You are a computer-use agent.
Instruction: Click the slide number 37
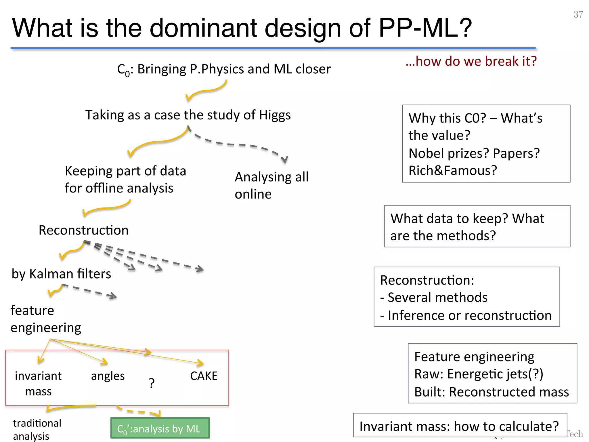click(x=578, y=14)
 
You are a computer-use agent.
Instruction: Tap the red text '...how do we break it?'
click(x=471, y=61)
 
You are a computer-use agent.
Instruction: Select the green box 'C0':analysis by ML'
click(x=160, y=428)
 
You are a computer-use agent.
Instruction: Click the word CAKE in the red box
click(x=204, y=376)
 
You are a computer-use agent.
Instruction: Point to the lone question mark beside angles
click(x=152, y=383)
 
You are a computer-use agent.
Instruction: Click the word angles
click(x=108, y=376)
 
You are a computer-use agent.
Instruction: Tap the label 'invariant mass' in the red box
click(x=38, y=383)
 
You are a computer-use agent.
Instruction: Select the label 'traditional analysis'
click(x=37, y=429)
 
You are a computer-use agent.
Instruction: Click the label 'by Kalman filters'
click(x=61, y=274)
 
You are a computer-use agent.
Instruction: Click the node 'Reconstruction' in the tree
click(x=83, y=230)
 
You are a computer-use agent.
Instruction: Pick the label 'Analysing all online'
click(x=271, y=185)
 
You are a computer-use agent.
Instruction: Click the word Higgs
click(x=275, y=115)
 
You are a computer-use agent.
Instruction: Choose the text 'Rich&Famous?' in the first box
click(x=453, y=170)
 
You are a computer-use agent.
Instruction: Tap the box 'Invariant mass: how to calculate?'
click(x=460, y=426)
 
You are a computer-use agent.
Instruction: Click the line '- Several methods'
click(x=434, y=297)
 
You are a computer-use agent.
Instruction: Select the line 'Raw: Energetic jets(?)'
click(x=479, y=374)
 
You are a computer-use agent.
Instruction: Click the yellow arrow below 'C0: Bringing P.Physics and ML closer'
click(x=206, y=91)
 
